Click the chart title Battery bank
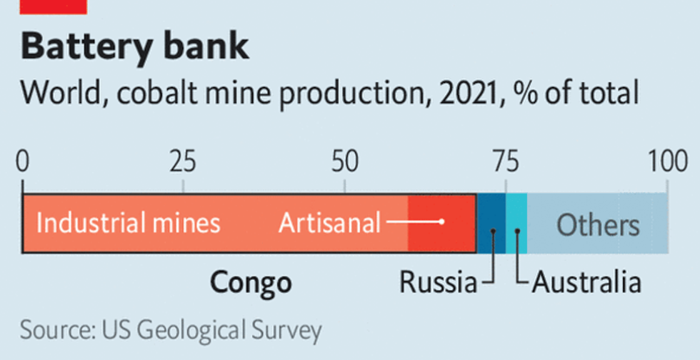135,46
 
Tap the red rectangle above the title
54,6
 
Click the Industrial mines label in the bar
128,224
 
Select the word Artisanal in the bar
329,224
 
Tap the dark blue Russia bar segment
491,214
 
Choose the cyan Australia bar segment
516,214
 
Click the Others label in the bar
598,225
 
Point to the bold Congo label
251,282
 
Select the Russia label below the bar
437,282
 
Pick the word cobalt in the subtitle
159,93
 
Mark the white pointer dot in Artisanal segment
442,221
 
